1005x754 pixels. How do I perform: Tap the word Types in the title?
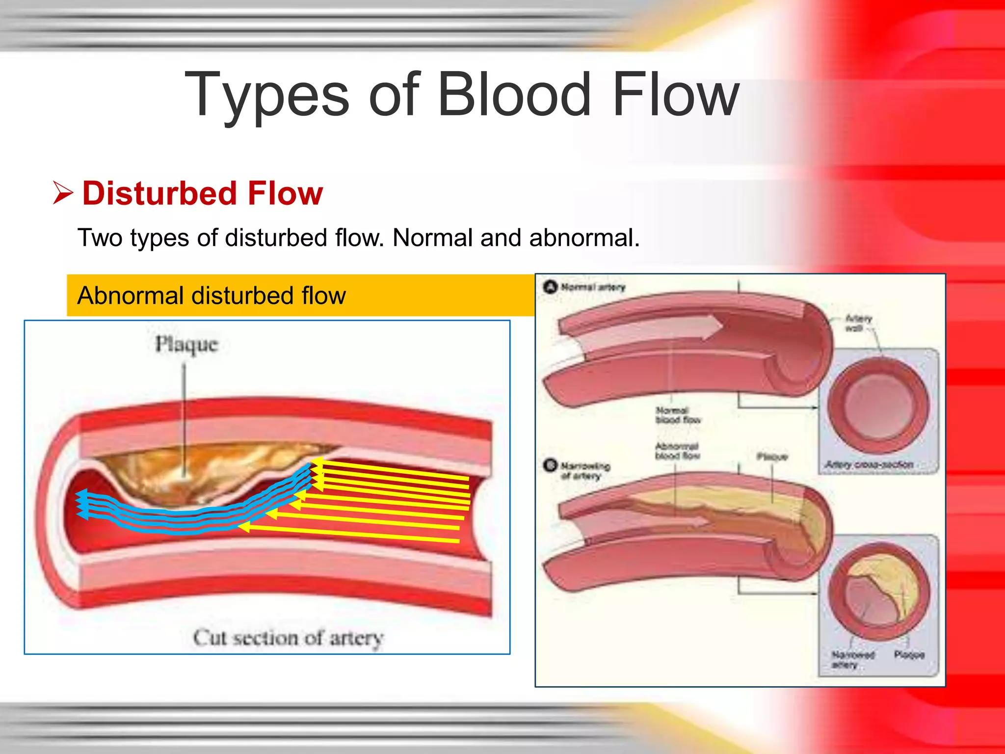pyautogui.click(x=267, y=96)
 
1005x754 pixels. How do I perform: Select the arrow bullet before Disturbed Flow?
pyautogui.click(x=63, y=193)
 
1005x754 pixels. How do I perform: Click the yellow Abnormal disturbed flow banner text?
pyautogui.click(x=212, y=296)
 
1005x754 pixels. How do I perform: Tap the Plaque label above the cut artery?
pyautogui.click(x=186, y=345)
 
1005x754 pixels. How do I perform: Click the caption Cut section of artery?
pyautogui.click(x=288, y=638)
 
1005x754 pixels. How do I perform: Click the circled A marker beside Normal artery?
pyautogui.click(x=551, y=286)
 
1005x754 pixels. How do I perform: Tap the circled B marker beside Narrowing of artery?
pyautogui.click(x=551, y=465)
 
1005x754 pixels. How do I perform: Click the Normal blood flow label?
pyautogui.click(x=677, y=415)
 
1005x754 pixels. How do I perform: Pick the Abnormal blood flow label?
pyautogui.click(x=677, y=451)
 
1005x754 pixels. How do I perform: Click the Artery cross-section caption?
pyautogui.click(x=869, y=464)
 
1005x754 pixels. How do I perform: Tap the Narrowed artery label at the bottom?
pyautogui.click(x=852, y=659)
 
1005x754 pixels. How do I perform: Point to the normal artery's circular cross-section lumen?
pyautogui.click(x=877, y=405)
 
